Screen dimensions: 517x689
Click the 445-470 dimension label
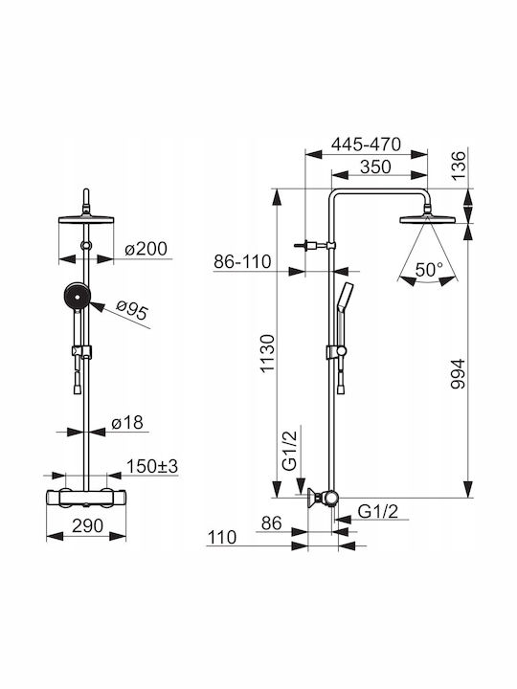pyautogui.click(x=366, y=144)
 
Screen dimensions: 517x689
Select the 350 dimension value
pyautogui.click(x=375, y=167)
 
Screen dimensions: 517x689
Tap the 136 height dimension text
pyautogui.click(x=459, y=166)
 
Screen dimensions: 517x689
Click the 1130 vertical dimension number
pyautogui.click(x=267, y=354)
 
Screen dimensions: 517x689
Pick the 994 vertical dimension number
pyautogui.click(x=458, y=374)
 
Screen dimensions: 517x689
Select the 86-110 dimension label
pyautogui.click(x=242, y=262)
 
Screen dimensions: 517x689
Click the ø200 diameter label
pyautogui.click(x=146, y=249)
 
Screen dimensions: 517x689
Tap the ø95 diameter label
pyautogui.click(x=132, y=310)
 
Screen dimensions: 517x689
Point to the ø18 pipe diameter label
pyautogui.click(x=127, y=423)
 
